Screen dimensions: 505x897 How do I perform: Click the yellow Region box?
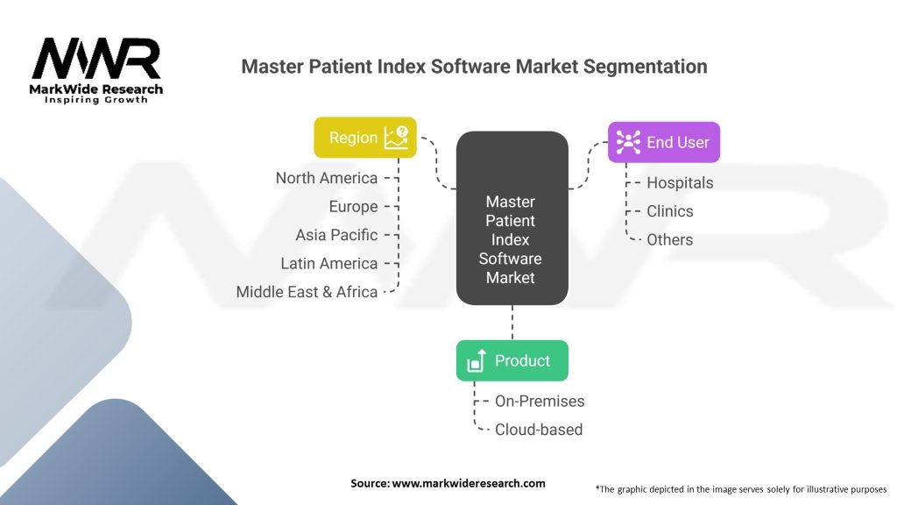click(365, 138)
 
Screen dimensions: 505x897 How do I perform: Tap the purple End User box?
click(663, 142)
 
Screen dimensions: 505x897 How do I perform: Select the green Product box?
click(512, 360)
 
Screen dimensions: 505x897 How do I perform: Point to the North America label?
click(327, 178)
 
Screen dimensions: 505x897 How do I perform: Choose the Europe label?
click(353, 207)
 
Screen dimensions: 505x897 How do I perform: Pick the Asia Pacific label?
click(336, 235)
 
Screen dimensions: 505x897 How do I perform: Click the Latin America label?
click(329, 263)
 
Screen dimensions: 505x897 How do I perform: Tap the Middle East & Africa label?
click(307, 292)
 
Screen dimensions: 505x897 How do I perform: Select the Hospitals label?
click(680, 182)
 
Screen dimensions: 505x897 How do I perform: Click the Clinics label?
click(669, 211)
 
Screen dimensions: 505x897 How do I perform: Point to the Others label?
click(669, 239)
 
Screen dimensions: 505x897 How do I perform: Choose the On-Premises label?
click(540, 401)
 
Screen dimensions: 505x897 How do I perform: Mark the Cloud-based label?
click(538, 430)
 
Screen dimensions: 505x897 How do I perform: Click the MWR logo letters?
click(96, 60)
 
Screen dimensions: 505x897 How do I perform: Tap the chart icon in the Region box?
click(397, 138)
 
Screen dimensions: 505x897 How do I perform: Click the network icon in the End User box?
click(628, 142)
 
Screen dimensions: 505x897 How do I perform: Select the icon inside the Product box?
click(477, 360)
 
